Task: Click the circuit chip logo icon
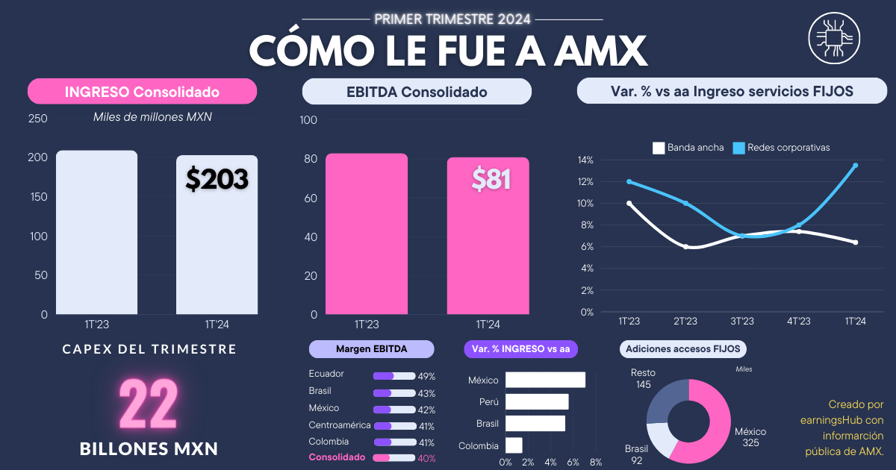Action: click(834, 40)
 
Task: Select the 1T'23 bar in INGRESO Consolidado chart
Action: click(96, 232)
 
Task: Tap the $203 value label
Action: click(217, 179)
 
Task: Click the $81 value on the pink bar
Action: click(491, 178)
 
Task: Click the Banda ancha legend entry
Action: click(688, 148)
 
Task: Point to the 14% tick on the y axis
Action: click(585, 160)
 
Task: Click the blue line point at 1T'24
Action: click(855, 166)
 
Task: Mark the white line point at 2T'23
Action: click(685, 246)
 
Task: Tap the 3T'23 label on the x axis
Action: click(742, 322)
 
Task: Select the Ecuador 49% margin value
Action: click(426, 377)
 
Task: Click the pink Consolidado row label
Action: click(337, 457)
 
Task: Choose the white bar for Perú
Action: click(537, 402)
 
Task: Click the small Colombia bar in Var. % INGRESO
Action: click(514, 445)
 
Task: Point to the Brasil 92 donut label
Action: click(636, 454)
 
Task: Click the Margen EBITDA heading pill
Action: click(371, 349)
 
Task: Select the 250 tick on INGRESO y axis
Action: click(37, 119)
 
